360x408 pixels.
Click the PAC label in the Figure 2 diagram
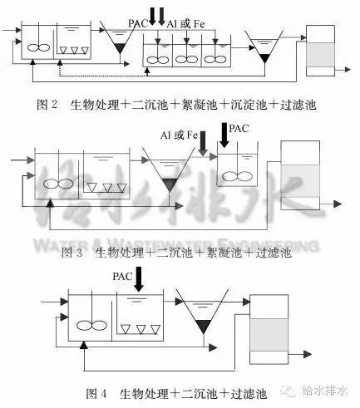(138, 23)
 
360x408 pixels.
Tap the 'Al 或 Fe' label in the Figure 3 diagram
(179, 135)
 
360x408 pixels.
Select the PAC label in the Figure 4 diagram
(122, 276)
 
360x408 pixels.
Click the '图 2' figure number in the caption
(47, 105)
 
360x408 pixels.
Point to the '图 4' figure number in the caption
(96, 393)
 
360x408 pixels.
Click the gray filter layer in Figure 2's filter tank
(320, 55)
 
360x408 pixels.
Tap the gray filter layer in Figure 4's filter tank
(269, 335)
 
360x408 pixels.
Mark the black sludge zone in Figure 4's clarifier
(203, 326)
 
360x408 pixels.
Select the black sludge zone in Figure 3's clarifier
(170, 184)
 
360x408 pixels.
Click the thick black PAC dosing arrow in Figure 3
(224, 135)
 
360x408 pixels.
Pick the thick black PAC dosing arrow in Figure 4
(139, 279)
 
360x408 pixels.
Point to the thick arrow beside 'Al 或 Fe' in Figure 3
(203, 144)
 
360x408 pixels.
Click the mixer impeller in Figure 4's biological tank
(91, 326)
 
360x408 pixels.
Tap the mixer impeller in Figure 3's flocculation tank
(238, 176)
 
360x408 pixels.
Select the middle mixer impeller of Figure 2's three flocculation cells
(187, 59)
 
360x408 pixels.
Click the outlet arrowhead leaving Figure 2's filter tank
(348, 70)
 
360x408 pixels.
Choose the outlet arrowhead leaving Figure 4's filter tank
(308, 354)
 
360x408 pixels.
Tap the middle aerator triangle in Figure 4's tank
(141, 329)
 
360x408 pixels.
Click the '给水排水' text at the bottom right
(325, 391)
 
